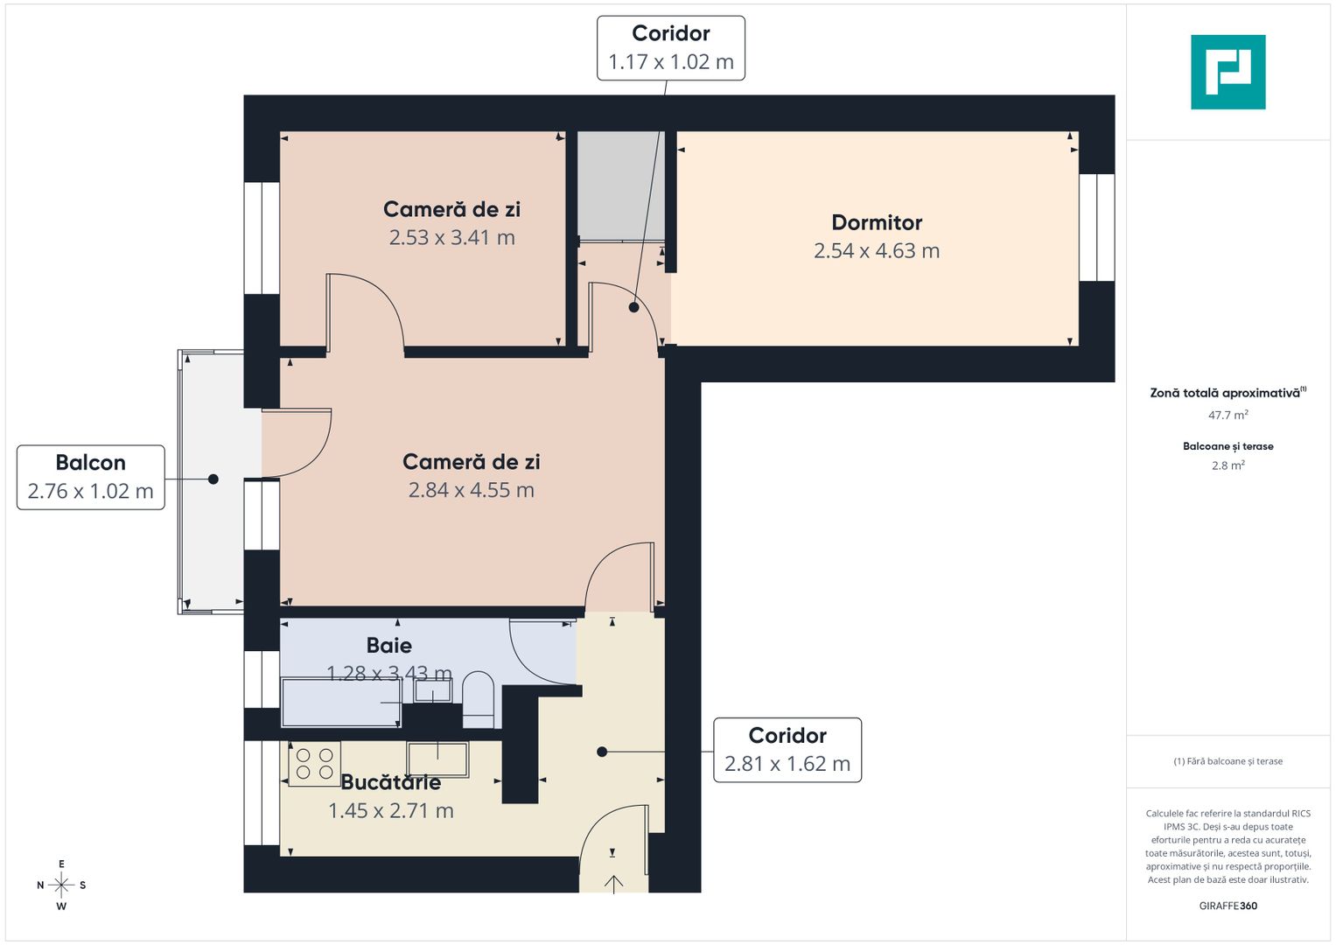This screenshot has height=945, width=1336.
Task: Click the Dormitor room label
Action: pos(877,222)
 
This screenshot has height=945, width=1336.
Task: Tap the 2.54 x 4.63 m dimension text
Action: pos(877,251)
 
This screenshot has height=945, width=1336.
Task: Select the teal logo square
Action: pos(1228,72)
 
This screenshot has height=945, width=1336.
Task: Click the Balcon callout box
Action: pos(91,477)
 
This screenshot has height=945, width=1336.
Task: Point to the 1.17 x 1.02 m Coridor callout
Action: pos(671,48)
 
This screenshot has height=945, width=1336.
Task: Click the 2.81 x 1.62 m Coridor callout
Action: pos(787,750)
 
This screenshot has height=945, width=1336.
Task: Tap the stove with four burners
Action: pos(314,764)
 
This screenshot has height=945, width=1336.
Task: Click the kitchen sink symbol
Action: pos(437,759)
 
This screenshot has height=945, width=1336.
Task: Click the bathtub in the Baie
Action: pos(341,702)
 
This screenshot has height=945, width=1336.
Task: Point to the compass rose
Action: pos(61,885)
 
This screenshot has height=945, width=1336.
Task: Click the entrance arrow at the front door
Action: pos(613,883)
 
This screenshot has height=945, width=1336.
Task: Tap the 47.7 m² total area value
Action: pos(1228,416)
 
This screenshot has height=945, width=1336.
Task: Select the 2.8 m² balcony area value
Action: pos(1228,465)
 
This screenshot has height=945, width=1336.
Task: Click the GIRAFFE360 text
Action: pos(1228,906)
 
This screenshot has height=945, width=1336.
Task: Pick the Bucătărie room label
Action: pos(390,782)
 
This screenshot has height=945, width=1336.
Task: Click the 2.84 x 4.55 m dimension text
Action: pos(471,490)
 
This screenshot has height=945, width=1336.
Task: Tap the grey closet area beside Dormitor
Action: pos(620,185)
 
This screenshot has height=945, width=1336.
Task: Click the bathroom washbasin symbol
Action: pos(432,690)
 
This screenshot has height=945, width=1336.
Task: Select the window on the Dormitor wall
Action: pos(1096,227)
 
